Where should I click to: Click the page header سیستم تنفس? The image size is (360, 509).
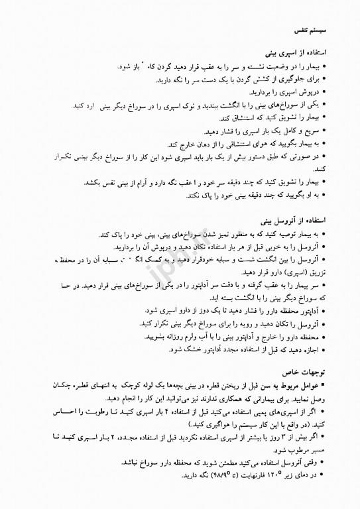pos(312,31)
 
